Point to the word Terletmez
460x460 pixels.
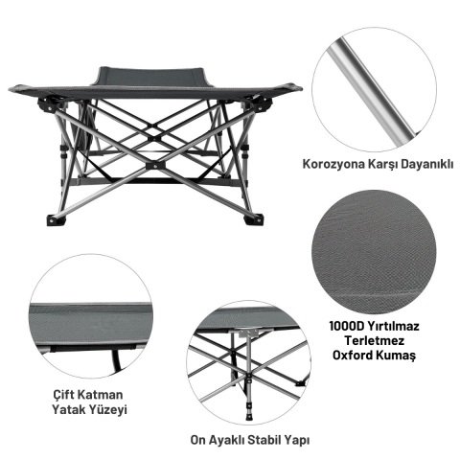[375, 341]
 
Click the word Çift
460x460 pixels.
[64, 395]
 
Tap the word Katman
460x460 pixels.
[101, 395]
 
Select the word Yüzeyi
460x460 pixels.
[107, 410]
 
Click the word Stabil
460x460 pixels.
[264, 440]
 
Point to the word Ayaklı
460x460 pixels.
[227, 441]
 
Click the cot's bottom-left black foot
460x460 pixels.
[57, 220]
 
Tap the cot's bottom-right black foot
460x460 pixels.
[254, 220]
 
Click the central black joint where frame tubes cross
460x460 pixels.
[156, 166]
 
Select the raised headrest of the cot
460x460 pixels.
[151, 76]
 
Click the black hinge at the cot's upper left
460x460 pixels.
[47, 104]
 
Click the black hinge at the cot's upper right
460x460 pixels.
[262, 104]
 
